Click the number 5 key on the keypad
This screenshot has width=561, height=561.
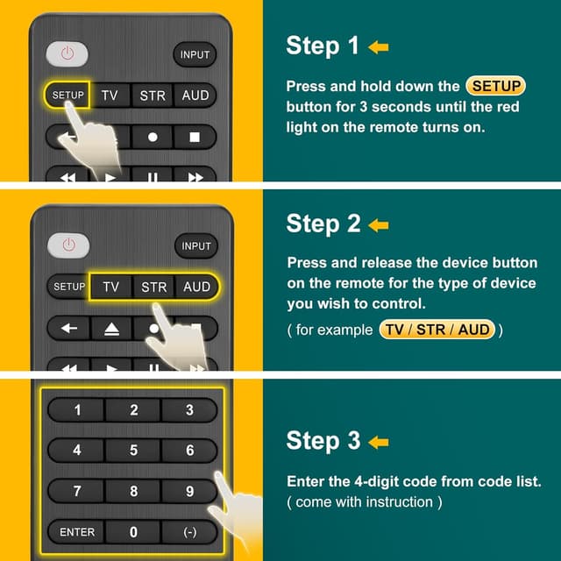click(133, 451)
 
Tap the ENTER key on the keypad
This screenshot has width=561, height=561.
click(77, 532)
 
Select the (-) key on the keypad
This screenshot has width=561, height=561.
click(189, 532)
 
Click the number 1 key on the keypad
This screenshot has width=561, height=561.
click(77, 410)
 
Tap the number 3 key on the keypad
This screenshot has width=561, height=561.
click(189, 410)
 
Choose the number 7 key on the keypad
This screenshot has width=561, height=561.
click(77, 492)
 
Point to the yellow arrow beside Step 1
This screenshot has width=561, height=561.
click(379, 47)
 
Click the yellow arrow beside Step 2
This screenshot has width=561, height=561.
click(379, 225)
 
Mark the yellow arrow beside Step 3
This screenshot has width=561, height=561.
click(379, 443)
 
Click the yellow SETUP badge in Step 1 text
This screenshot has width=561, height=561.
click(495, 86)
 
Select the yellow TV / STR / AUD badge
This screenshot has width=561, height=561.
click(437, 330)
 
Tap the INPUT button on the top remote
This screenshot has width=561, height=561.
click(195, 54)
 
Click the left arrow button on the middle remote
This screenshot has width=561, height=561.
click(68, 328)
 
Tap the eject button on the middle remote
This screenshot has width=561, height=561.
click(110, 328)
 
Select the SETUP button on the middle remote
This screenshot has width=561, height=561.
click(69, 287)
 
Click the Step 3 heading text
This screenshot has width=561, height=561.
click(323, 442)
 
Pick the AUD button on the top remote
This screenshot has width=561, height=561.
click(195, 96)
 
